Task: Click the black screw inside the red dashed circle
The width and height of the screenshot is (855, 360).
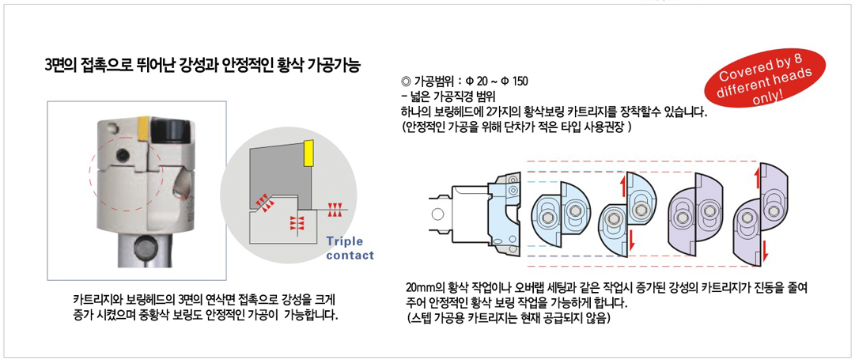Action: point(123,156)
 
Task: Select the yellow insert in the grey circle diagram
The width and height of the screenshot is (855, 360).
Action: point(308,152)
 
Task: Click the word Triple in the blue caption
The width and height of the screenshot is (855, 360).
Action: point(345,242)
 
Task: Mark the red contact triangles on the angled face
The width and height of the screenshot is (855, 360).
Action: point(263,203)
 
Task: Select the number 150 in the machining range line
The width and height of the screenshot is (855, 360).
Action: point(520,82)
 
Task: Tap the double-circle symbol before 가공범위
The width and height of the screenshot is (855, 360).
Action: point(405,82)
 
